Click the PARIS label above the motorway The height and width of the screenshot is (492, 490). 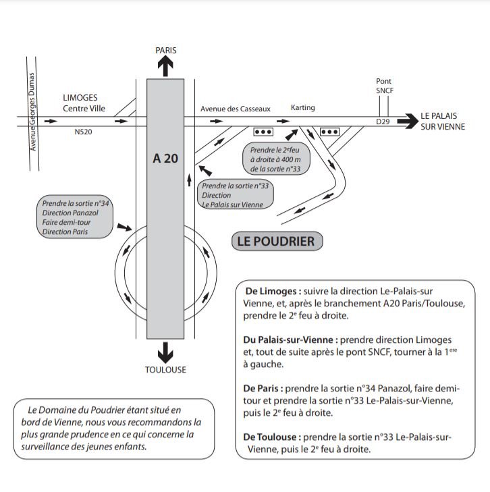coord(165,51)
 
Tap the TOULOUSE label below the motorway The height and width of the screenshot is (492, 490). coord(165,370)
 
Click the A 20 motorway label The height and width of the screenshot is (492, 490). coord(165,159)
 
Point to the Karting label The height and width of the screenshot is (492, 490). coord(302,108)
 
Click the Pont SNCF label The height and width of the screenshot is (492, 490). coord(384,85)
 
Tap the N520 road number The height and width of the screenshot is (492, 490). coord(83,132)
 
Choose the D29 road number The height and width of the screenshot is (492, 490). coord(383,121)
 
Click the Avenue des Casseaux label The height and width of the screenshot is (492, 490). coord(235,108)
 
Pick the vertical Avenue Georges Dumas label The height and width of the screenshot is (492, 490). coord(32,111)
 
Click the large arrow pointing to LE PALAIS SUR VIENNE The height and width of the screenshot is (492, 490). coord(408,121)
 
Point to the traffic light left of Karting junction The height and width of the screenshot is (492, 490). coord(263,132)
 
